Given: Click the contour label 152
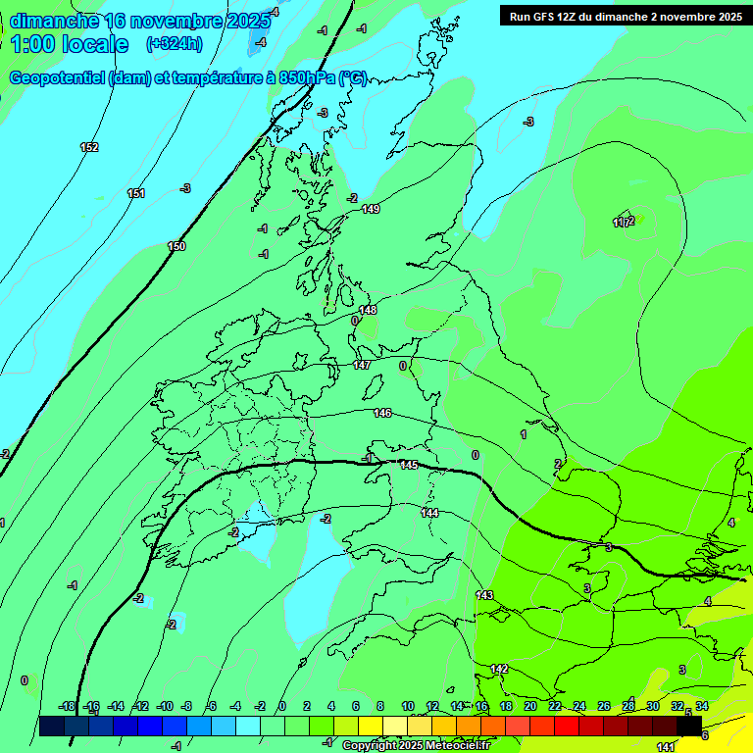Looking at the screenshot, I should coord(89,147).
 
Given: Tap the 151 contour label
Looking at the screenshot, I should coord(136,193).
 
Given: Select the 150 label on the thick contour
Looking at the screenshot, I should coord(176,246).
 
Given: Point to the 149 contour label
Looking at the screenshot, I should coord(371,209).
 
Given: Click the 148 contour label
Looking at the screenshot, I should coord(368,310).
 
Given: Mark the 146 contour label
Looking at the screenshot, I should coord(382,413).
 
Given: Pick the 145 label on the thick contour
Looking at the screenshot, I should coord(409,465).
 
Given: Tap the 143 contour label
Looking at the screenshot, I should coord(484,595).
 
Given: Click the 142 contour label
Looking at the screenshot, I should coord(499,669).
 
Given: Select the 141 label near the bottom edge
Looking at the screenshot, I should coord(665,747).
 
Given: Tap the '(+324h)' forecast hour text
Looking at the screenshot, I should coord(174,43).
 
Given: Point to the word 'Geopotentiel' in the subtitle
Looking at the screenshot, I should coord(58,78).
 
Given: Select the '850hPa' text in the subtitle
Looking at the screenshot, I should coord(303,78).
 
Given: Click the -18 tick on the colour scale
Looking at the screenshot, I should coord(67,706).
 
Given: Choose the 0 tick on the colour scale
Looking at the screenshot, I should coord(282,706).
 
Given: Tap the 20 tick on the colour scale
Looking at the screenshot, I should coord(530,706).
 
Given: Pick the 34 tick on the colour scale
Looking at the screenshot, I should coord(702,706).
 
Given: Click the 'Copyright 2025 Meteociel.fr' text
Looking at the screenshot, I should coord(416,746).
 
